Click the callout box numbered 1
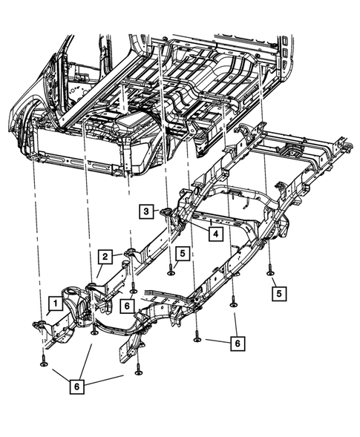(x=54, y=303)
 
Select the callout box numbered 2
(x=106, y=257)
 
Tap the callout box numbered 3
(x=148, y=212)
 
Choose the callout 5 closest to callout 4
(x=182, y=253)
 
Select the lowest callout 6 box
(x=76, y=386)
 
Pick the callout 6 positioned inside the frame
(x=127, y=305)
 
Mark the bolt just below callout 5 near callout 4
(x=171, y=272)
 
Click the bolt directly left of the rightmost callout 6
(x=198, y=339)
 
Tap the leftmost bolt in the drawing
(x=42, y=361)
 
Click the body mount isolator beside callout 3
(x=168, y=215)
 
